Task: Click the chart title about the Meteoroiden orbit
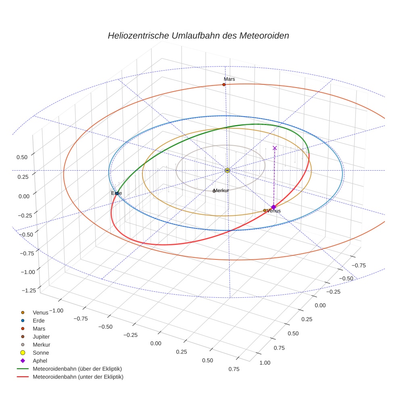(198, 36)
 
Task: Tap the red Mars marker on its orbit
(224, 84)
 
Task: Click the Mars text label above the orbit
(229, 79)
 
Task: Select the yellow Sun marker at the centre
(227, 170)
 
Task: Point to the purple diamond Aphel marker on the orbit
(273, 207)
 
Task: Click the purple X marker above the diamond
(275, 148)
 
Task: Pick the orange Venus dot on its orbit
(265, 210)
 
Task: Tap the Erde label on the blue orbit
(116, 193)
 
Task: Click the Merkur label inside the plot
(221, 190)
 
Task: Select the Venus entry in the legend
(40, 313)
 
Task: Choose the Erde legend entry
(39, 321)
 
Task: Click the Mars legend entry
(39, 329)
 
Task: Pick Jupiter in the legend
(41, 336)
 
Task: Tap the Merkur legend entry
(41, 345)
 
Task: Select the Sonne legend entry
(41, 353)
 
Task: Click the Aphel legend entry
(40, 361)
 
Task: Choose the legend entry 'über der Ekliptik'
(77, 369)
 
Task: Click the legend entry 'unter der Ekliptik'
(78, 377)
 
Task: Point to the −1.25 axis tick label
(28, 290)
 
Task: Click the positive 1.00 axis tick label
(265, 363)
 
